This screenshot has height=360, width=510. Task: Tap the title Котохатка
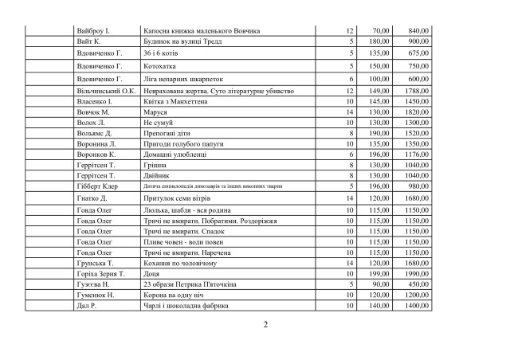tap(160, 66)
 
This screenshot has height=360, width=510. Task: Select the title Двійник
tap(158, 175)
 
